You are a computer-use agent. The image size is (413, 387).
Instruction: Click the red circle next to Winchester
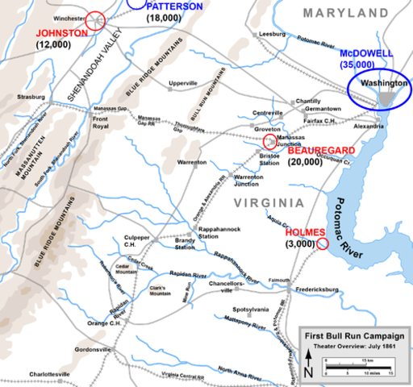[96, 19]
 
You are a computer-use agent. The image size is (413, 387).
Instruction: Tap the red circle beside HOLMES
[322, 243]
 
